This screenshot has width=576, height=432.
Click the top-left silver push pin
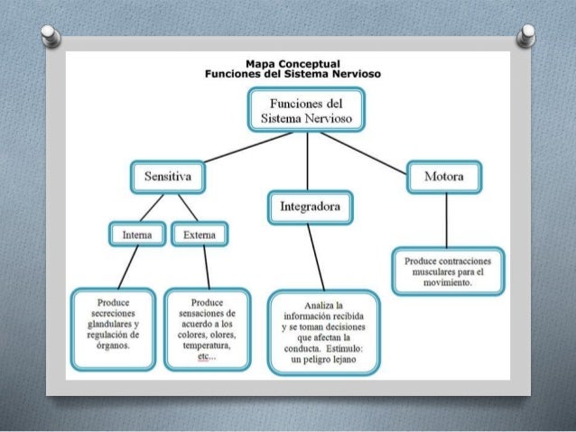pos(51,36)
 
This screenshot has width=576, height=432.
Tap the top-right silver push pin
pos(526,35)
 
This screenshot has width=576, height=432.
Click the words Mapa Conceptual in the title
pos(293,64)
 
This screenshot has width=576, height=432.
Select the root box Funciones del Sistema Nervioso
pos(306,110)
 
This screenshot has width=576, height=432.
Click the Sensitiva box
pos(168,177)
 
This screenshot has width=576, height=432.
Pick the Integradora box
pos(311,207)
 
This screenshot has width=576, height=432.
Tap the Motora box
pos(444,177)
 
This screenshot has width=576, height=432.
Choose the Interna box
pos(137,234)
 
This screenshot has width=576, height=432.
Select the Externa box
pos(200,234)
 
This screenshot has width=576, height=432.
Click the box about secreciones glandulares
pos(113,329)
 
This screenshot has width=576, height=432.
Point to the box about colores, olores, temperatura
pos(207,329)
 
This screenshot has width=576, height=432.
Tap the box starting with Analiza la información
pos(323,333)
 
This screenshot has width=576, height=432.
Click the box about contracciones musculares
pos(448,271)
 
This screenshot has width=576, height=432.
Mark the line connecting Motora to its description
pos(447,221)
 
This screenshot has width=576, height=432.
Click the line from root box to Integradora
pos(308,161)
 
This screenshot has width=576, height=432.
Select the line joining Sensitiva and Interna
pos(152,207)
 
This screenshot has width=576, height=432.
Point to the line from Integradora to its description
pos(316,257)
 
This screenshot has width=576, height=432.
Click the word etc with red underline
pos(203,356)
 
